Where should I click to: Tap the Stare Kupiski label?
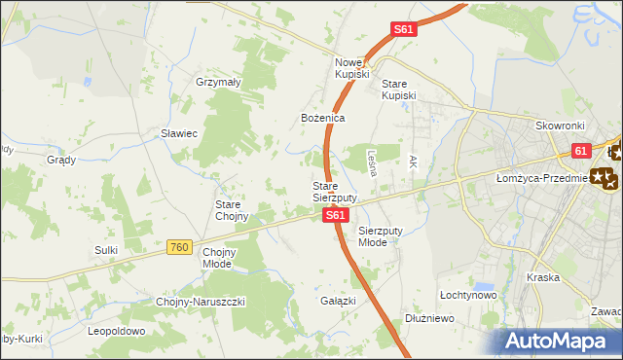(x=399, y=90)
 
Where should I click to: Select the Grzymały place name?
(x=218, y=83)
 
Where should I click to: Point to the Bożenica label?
(x=322, y=117)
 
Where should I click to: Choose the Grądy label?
(x=60, y=159)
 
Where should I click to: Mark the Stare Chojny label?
(x=232, y=210)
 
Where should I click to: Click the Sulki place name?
(x=106, y=250)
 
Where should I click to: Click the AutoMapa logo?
(x=561, y=341)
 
